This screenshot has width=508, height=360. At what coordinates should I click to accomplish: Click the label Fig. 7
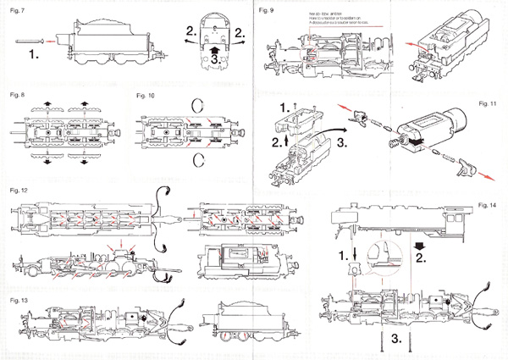16,9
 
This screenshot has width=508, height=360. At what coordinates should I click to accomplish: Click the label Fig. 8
16,96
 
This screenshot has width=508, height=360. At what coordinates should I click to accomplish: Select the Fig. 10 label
145,96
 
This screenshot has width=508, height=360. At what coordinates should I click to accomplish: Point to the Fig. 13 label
17,300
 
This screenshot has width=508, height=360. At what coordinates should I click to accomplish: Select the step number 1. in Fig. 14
342,254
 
